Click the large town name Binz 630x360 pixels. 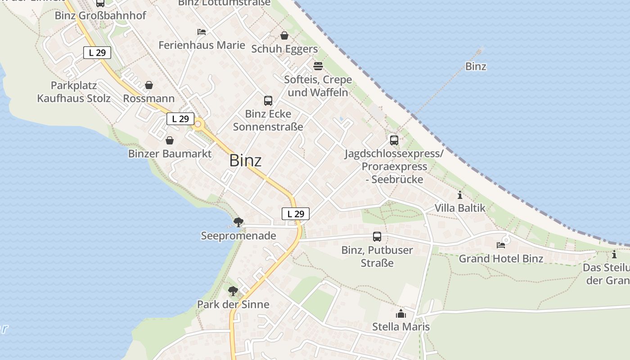pos(245,161)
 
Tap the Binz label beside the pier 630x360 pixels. pos(476,67)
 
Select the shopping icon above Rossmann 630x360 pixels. pos(149,85)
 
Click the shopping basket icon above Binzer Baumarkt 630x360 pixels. pos(170,140)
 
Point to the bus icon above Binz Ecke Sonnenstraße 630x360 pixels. pos(268,100)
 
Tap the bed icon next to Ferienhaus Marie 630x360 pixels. pos(202,32)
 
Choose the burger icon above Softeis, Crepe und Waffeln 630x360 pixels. pos(318,66)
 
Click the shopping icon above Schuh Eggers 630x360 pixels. pos(284,35)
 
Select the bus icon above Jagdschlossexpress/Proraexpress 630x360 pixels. pos(394,140)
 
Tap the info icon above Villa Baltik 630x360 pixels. pos(460,195)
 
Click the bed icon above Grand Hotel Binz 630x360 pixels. pos(501,245)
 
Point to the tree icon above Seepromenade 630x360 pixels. pos(238,222)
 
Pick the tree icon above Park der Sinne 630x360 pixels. pos(233,291)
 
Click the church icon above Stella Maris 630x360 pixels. pos(400,314)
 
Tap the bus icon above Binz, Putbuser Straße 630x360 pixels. pos(377,236)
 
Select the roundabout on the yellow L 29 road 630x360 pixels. pos(198,124)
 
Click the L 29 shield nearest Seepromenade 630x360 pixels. pos(296,214)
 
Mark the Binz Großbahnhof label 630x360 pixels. pos(100,16)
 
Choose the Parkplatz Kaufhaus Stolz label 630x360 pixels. pos(74,92)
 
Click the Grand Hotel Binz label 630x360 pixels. pos(501,259)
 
